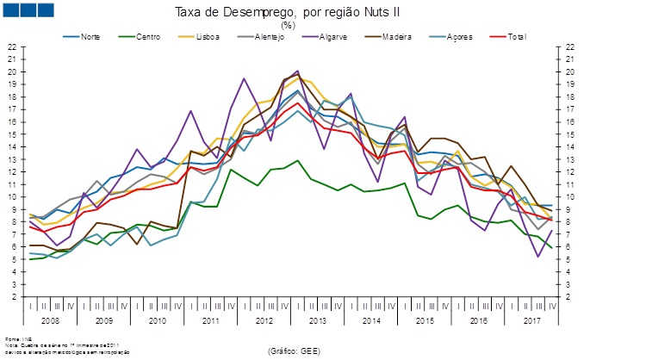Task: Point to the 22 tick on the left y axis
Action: point(11,47)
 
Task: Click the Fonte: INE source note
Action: point(15,338)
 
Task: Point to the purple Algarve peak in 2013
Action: point(297,71)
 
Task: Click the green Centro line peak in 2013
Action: point(297,160)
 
